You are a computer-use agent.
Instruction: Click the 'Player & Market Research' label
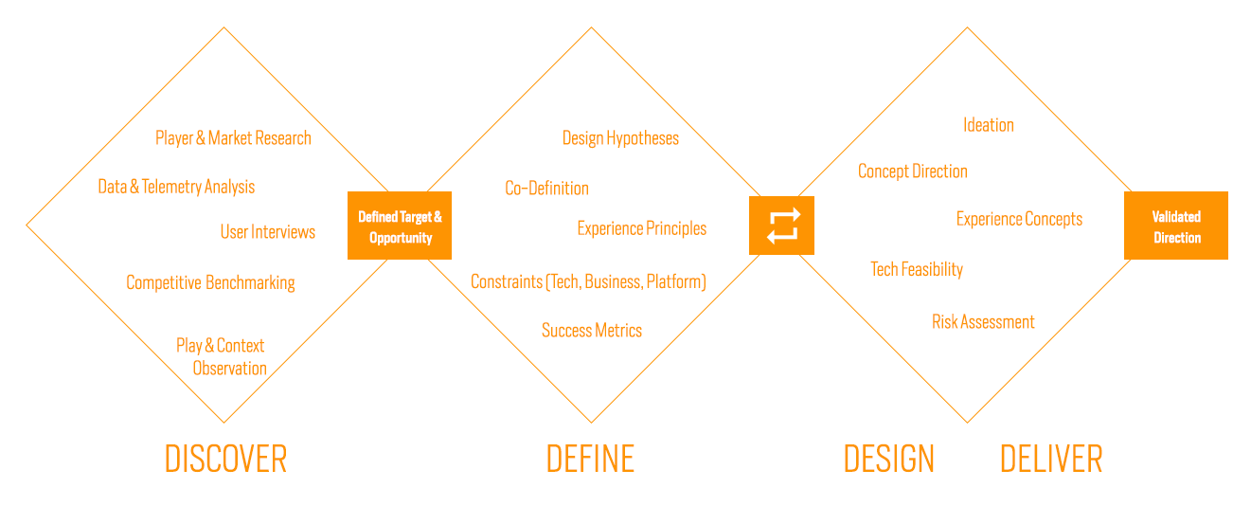(x=234, y=138)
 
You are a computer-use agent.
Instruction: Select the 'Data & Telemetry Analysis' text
(x=176, y=187)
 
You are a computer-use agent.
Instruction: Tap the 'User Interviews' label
(x=268, y=231)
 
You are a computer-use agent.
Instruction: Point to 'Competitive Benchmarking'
(x=210, y=283)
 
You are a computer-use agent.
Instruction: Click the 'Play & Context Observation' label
(x=222, y=356)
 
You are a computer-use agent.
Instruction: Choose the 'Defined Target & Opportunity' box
(x=400, y=226)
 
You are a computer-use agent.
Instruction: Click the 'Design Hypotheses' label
(x=620, y=138)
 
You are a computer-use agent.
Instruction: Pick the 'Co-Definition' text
(x=546, y=189)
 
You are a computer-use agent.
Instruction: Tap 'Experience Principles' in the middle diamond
(x=642, y=228)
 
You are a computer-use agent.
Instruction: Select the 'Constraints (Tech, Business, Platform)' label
(x=589, y=281)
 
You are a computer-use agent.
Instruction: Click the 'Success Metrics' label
(x=592, y=331)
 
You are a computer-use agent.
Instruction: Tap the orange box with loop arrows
(x=782, y=226)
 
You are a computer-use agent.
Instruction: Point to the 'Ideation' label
(x=989, y=125)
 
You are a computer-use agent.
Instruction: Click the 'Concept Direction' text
(x=913, y=172)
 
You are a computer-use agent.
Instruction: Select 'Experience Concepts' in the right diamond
(x=1019, y=219)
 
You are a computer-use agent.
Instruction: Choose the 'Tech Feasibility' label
(x=917, y=269)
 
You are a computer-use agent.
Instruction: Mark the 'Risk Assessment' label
(x=983, y=322)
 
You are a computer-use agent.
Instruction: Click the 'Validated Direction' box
(x=1176, y=226)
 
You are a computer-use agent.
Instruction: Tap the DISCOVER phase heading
(x=225, y=459)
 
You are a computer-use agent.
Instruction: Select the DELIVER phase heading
(x=1051, y=459)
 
